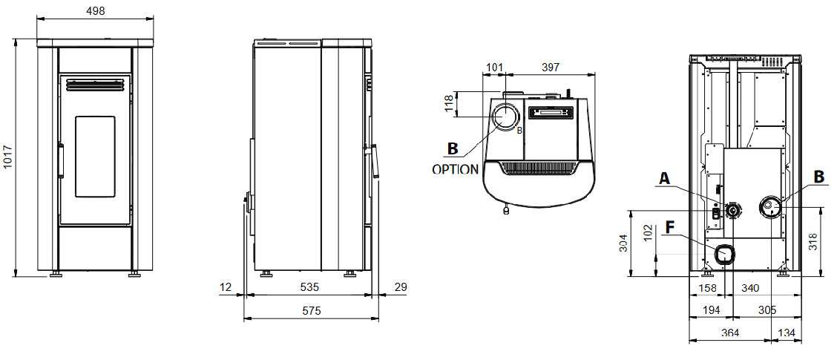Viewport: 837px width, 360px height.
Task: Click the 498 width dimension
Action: [95, 11]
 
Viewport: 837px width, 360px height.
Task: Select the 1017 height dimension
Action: [8, 157]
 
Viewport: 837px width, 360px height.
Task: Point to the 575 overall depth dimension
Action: [312, 311]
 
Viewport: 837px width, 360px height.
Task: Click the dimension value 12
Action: [226, 287]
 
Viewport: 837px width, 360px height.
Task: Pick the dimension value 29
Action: [401, 287]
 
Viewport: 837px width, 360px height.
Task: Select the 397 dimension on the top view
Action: [550, 68]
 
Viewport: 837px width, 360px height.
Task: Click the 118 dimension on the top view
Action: [449, 103]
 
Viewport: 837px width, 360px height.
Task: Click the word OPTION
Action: [455, 169]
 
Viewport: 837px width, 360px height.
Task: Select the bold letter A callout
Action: [665, 178]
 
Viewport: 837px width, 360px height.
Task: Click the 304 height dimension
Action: [623, 243]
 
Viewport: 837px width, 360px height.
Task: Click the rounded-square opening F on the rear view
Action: [724, 255]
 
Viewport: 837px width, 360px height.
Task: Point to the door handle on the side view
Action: [377, 160]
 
